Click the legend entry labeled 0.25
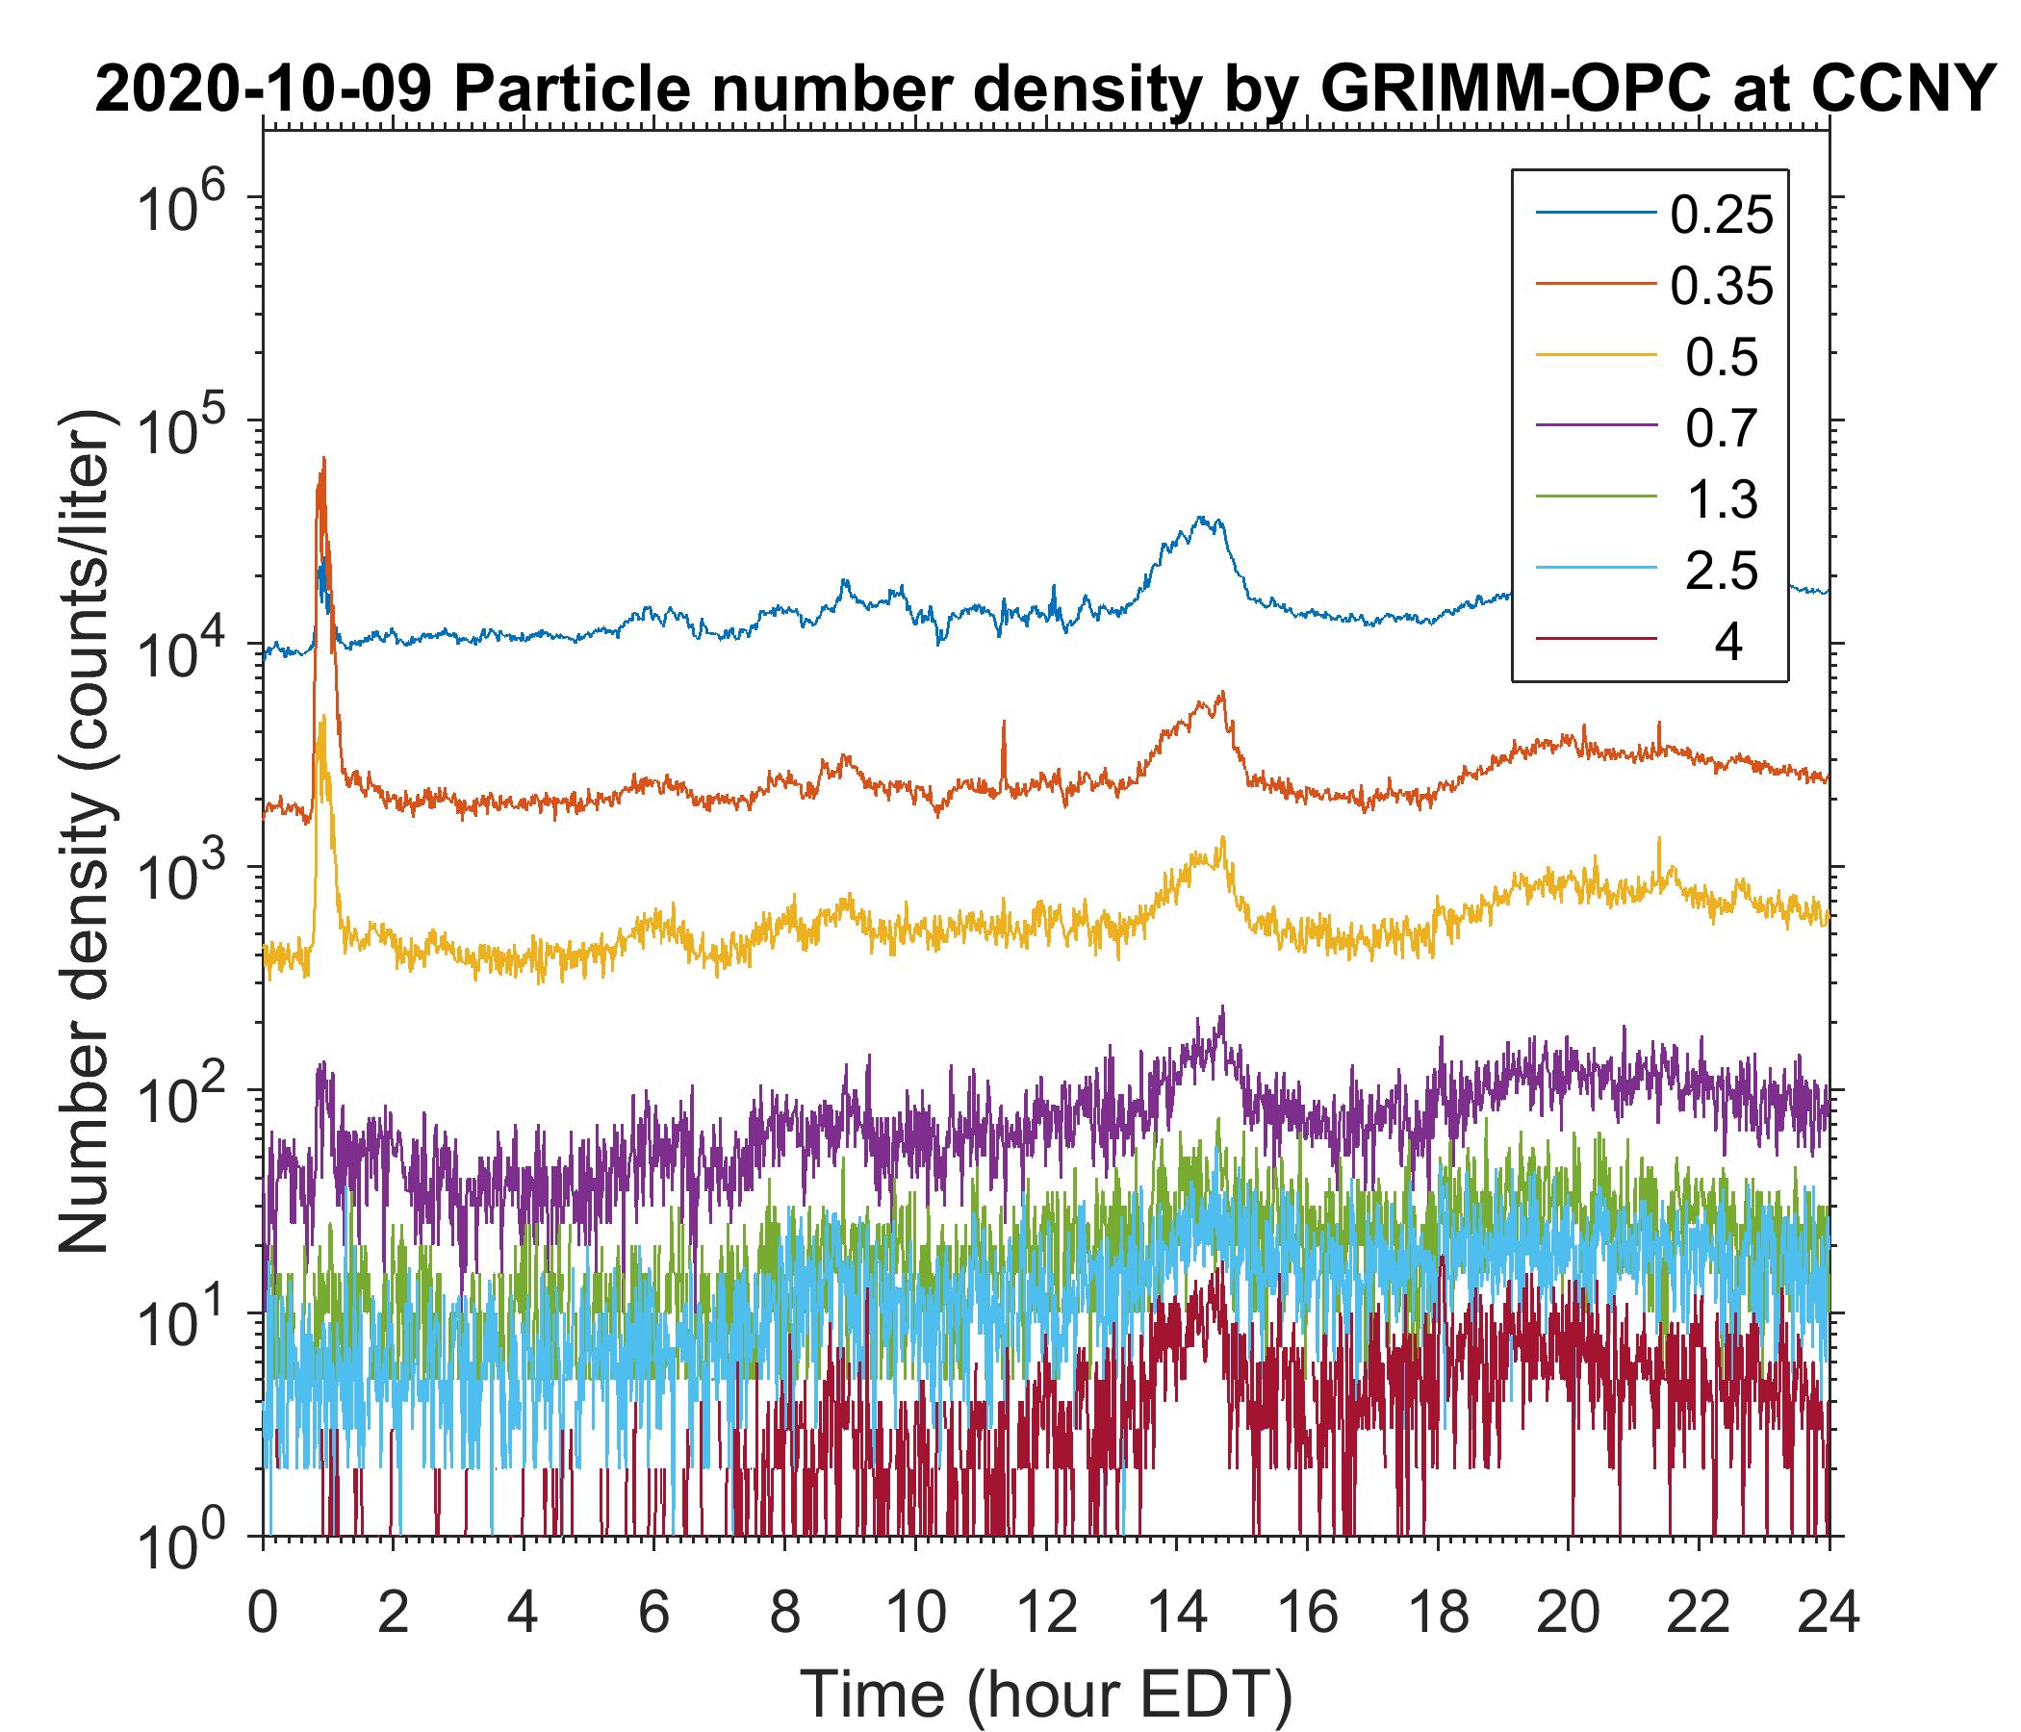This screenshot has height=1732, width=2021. pyautogui.click(x=1721, y=215)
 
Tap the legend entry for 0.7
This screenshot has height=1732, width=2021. pyautogui.click(x=1721, y=428)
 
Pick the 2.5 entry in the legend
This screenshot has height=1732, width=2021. pyautogui.click(x=1721, y=571)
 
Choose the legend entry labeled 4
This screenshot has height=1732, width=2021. pyautogui.click(x=1727, y=642)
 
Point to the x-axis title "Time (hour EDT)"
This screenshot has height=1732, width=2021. pyautogui.click(x=1045, y=1694)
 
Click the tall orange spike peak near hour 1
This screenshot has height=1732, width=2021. pyautogui.click(x=323, y=458)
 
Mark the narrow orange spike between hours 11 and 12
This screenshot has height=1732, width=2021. pyautogui.click(x=1004, y=723)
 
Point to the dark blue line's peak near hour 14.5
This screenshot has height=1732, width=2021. pyautogui.click(x=1202, y=518)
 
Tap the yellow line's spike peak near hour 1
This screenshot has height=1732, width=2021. pyautogui.click(x=322, y=718)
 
